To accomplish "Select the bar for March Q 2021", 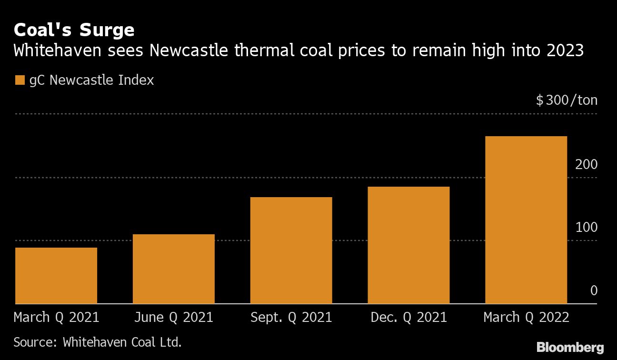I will click(56, 276).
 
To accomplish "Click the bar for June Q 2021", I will click(173, 269).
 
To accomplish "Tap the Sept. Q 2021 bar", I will click(291, 250).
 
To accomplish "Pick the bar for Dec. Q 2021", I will click(408, 245).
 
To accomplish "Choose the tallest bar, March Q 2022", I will click(526, 220).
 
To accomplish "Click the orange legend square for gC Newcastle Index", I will click(20, 80).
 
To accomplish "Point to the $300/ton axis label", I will click(566, 100).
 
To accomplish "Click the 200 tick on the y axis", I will click(586, 165).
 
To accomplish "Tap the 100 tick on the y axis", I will click(586, 228).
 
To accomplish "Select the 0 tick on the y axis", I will click(594, 290).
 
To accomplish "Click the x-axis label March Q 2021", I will click(56, 318).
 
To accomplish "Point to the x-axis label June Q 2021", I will click(173, 318).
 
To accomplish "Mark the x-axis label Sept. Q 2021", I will click(291, 318).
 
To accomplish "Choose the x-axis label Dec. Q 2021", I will click(408, 318).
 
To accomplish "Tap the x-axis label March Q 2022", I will click(526, 318).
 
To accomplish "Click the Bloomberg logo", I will click(570, 347).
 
